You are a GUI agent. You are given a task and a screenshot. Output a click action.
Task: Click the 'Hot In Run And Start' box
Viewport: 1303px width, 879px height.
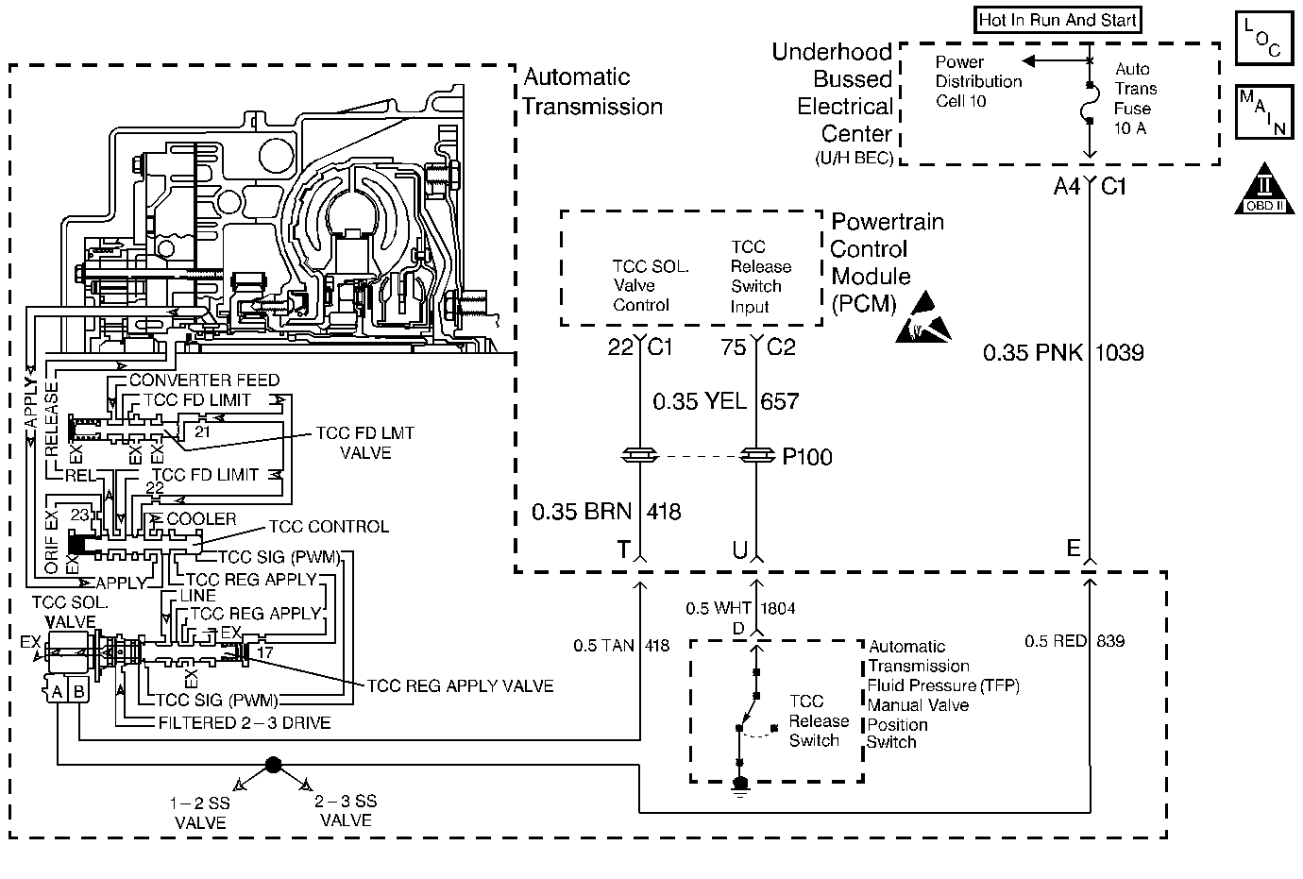point(1058,20)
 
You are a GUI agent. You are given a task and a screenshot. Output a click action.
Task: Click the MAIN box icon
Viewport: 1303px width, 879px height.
point(1262,112)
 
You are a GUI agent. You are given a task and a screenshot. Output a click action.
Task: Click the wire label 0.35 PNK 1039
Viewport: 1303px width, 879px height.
point(1063,353)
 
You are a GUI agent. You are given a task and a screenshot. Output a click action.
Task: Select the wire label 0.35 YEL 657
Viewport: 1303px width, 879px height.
point(726,402)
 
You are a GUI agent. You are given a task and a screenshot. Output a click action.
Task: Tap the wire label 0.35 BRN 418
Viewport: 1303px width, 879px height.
point(606,512)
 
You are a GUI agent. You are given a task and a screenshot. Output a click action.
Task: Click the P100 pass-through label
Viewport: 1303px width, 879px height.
point(807,458)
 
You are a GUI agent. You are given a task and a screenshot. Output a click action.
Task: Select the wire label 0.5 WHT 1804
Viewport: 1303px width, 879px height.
point(740,609)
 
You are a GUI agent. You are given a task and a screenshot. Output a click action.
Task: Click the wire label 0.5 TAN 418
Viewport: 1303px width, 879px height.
point(621,646)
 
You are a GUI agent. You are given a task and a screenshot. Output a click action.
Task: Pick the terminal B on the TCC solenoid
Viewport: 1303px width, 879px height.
point(79,692)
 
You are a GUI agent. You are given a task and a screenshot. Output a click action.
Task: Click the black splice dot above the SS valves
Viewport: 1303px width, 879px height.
point(273,764)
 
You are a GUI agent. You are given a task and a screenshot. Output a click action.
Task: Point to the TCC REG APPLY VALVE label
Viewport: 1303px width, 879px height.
point(460,685)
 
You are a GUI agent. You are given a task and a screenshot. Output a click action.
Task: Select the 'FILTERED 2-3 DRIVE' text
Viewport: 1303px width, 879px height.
point(244,723)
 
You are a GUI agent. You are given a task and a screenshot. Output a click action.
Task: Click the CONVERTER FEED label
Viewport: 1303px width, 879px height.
point(204,380)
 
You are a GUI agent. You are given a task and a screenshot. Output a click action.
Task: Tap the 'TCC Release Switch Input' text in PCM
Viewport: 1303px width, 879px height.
point(760,277)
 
